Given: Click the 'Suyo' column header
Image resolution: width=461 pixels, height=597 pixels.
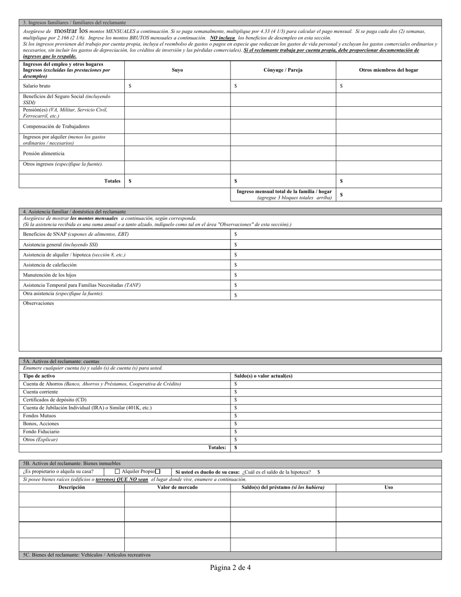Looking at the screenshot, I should [177, 70].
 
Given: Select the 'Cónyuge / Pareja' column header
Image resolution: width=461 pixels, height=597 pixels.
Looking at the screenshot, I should [283, 70].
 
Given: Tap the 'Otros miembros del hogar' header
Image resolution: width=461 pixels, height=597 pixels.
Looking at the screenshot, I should [388, 70].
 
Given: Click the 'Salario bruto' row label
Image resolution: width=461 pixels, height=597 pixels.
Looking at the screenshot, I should [37, 86].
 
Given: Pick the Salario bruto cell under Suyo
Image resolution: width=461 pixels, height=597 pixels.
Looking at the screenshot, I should [177, 86].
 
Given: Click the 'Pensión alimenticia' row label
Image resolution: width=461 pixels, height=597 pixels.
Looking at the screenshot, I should [44, 153].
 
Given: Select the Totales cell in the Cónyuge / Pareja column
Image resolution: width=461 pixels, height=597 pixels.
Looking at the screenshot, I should [283, 181].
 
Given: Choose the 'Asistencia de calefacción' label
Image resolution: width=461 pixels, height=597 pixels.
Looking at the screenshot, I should [50, 265].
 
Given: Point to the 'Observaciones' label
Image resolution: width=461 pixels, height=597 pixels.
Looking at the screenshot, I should [39, 303].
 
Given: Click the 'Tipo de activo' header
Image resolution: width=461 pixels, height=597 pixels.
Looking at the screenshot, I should [39, 376].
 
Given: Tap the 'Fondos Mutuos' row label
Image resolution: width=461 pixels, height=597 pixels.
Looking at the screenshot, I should [40, 416].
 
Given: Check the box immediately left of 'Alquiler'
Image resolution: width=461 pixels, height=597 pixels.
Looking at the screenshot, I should [117, 471].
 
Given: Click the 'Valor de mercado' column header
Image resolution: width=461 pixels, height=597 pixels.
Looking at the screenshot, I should [177, 487].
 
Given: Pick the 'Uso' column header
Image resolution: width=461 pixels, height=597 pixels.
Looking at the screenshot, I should [388, 487].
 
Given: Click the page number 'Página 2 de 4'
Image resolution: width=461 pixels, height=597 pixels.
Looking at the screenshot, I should [230, 567].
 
